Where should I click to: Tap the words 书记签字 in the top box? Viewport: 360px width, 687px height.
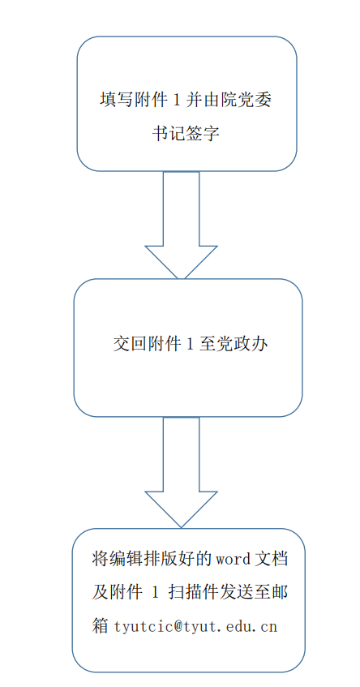coord(186,134)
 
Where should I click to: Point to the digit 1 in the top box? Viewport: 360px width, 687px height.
coord(177,100)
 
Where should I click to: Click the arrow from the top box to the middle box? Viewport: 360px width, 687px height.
coord(181,225)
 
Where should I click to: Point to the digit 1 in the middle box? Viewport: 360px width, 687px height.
coord(190,345)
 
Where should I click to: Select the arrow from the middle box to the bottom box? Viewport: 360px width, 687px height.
coord(181,472)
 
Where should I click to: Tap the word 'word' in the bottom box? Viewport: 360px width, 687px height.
coord(232,560)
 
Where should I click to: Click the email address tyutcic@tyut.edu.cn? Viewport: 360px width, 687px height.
coord(195,626)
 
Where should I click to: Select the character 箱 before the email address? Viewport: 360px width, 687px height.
coord(101,626)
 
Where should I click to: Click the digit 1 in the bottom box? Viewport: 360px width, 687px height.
coord(154,593)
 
